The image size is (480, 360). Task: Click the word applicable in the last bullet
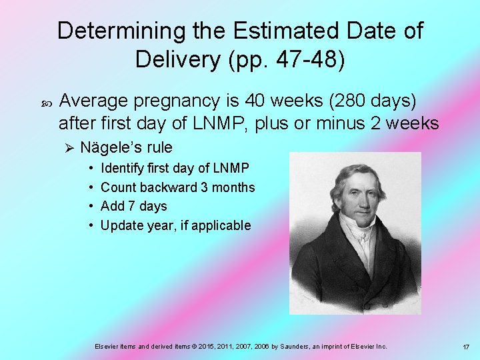(223, 225)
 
